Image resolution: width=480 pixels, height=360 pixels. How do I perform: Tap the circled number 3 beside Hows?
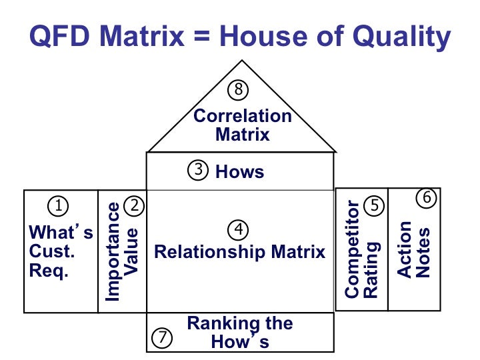199,171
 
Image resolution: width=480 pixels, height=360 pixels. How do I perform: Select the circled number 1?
59,206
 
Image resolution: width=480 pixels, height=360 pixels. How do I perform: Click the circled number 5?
375,206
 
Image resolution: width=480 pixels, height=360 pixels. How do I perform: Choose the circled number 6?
427,198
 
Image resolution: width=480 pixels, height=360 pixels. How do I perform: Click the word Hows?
240,172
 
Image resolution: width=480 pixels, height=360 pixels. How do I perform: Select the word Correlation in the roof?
243,116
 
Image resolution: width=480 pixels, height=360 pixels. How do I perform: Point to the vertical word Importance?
113,252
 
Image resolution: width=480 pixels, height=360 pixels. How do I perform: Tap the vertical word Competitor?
353,249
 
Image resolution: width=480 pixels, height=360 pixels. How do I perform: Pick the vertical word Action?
405,249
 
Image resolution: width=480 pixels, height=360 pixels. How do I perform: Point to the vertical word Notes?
423,253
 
